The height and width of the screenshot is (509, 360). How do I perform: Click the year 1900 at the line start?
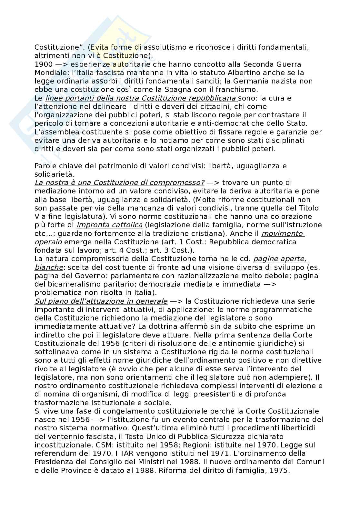[42, 64]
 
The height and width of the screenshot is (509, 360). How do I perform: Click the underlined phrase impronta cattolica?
[110, 225]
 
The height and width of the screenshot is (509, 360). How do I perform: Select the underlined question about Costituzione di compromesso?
[119, 183]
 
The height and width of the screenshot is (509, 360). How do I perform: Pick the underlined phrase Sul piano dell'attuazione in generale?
[101, 301]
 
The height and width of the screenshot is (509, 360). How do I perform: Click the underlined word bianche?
[49, 267]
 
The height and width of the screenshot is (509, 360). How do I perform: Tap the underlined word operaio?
[48, 242]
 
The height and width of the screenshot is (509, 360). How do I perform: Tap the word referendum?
[55, 454]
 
